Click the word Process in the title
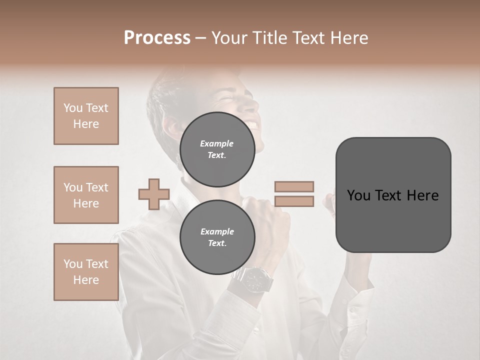pos(157,37)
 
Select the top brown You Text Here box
pos(86,116)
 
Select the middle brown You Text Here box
pos(86,195)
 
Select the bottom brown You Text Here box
pos(86,272)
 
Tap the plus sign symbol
pos(154,194)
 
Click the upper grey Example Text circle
pos(217,149)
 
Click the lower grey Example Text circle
pos(217,237)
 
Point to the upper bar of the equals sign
pos(294,186)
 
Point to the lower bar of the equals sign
pos(294,201)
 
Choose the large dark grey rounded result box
pos(393,194)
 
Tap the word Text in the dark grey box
pos(392,195)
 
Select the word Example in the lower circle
pos(217,231)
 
